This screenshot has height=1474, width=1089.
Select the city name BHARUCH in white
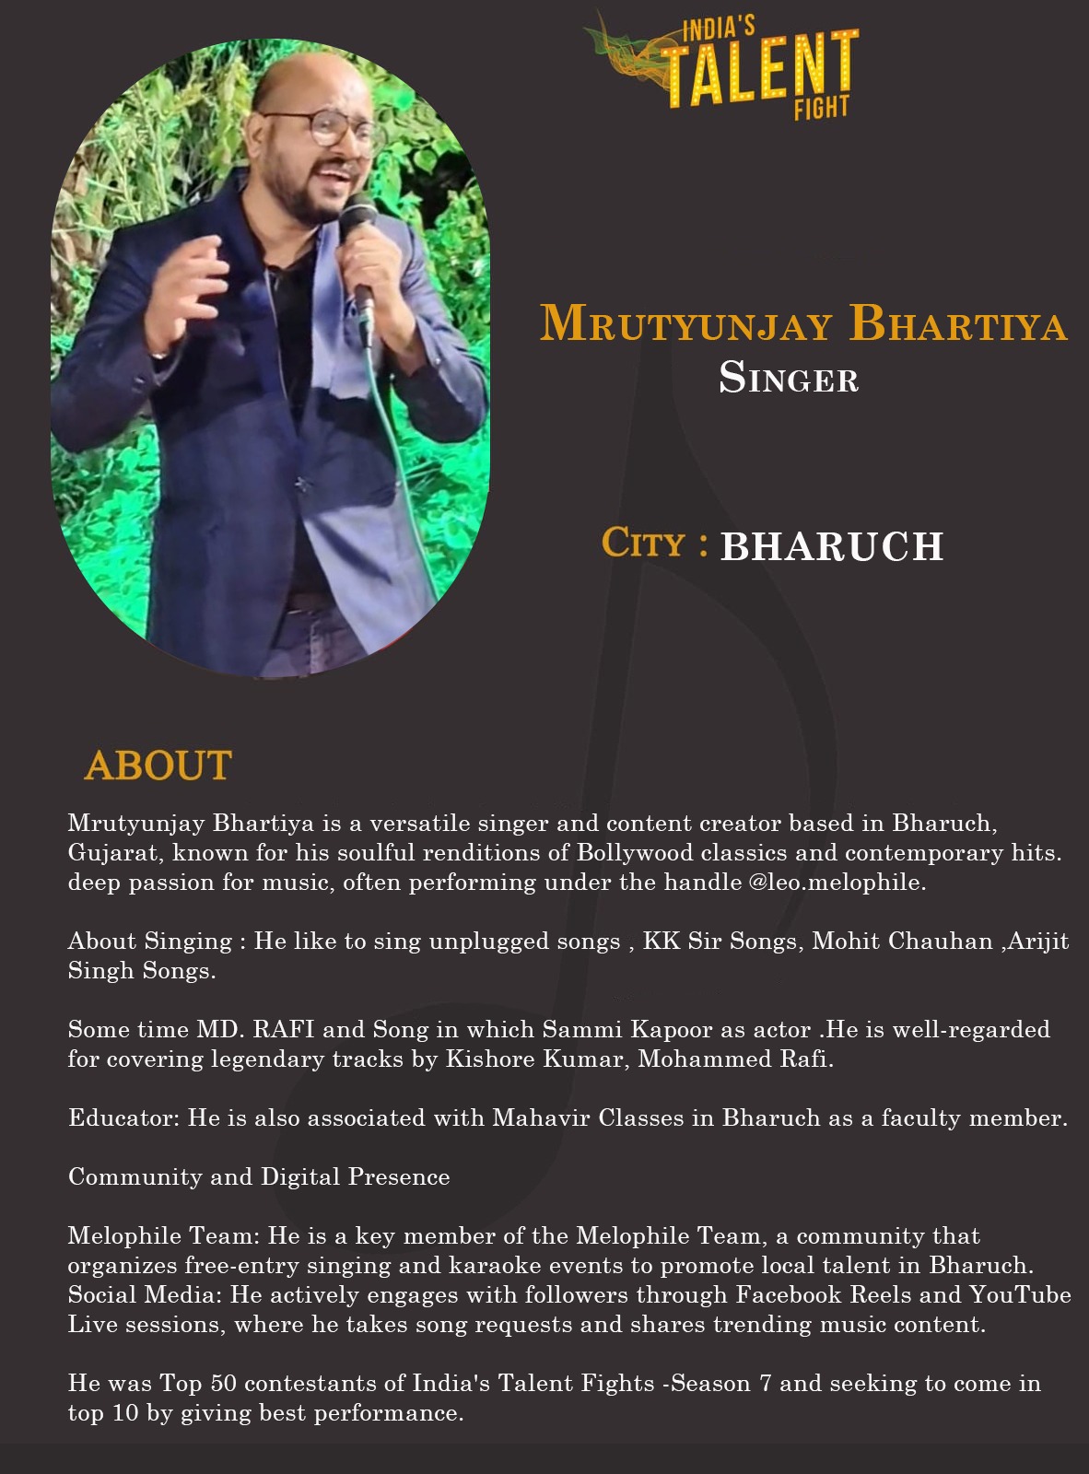[x=832, y=546]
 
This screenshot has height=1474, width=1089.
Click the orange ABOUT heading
[x=158, y=766]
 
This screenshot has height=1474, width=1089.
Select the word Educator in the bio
[x=123, y=1118]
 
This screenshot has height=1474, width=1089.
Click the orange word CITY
[x=643, y=544]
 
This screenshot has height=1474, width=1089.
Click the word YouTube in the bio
[x=1020, y=1295]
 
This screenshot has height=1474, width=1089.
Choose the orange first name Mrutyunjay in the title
[x=685, y=324]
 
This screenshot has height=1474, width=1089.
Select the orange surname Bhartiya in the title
[x=958, y=324]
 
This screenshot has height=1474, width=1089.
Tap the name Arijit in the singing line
[x=1037, y=942]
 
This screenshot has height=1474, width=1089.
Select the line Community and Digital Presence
[x=259, y=1177]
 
